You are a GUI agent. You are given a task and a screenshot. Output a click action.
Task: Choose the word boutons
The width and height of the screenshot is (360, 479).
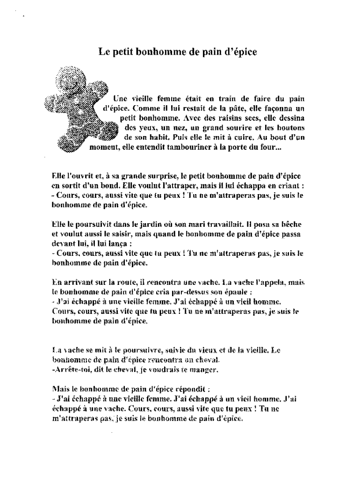290,127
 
